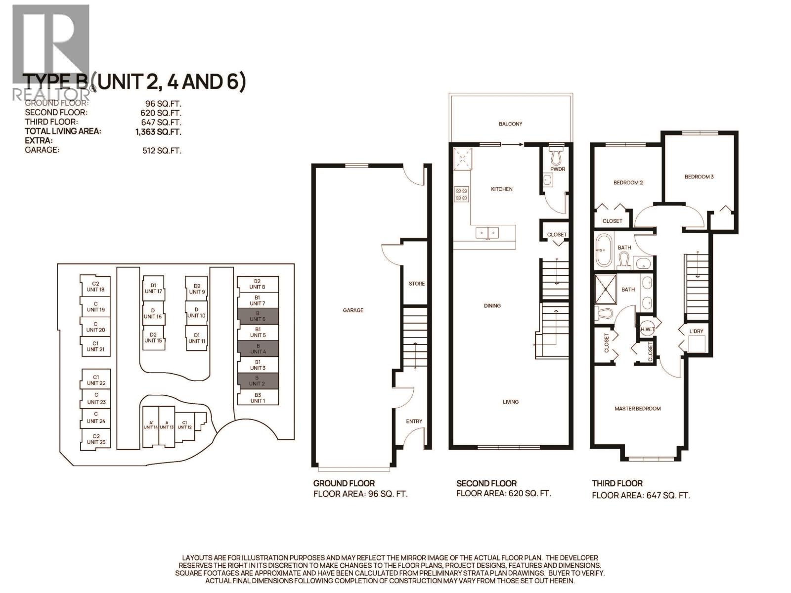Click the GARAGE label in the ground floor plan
click(x=353, y=310)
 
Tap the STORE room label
click(x=417, y=284)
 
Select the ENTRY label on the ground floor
click(x=414, y=421)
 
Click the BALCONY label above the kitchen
click(x=510, y=124)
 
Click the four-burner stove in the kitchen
click(x=462, y=193)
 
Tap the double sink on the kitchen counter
click(x=488, y=232)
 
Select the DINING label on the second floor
click(x=492, y=306)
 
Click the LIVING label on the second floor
click(x=511, y=402)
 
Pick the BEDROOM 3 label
click(x=699, y=176)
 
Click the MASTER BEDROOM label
click(x=637, y=409)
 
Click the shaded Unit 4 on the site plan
click(x=258, y=348)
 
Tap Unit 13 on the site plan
click(x=167, y=425)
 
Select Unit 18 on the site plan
click(x=95, y=287)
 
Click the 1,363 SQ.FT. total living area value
click(x=162, y=132)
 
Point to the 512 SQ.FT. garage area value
click(x=162, y=150)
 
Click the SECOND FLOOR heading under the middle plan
click(x=486, y=483)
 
